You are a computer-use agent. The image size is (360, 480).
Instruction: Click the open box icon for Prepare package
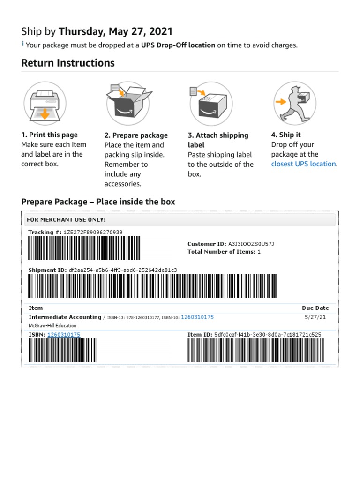pyautogui.click(x=128, y=102)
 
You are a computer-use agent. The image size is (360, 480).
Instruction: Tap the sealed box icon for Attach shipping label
pyautogui.click(x=211, y=102)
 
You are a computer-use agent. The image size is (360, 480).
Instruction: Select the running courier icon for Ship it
pyautogui.click(x=294, y=102)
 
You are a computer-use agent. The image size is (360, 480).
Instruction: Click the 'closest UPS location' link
pyautogui.click(x=303, y=164)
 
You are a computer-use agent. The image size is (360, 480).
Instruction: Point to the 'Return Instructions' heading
pyautogui.click(x=68, y=63)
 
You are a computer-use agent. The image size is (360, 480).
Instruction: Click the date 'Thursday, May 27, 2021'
pyautogui.click(x=115, y=31)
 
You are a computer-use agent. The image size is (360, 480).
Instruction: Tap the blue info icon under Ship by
pyautogui.click(x=23, y=45)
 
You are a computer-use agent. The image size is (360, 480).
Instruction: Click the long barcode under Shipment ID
pyautogui.click(x=152, y=285)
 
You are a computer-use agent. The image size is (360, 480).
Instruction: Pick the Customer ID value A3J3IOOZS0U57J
pyautogui.click(x=251, y=244)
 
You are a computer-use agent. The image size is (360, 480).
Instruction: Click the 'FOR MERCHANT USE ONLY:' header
pyautogui.click(x=66, y=219)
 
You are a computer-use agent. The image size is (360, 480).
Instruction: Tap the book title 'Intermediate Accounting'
pyautogui.click(x=65, y=317)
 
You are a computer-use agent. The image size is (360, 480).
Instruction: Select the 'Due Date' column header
pyautogui.click(x=315, y=308)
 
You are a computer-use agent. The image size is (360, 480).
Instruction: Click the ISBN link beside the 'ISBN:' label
pyautogui.click(x=63, y=335)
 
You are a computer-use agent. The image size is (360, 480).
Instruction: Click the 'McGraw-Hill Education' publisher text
pyautogui.click(x=52, y=325)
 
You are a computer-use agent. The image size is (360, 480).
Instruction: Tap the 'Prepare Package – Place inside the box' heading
pyautogui.click(x=98, y=202)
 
